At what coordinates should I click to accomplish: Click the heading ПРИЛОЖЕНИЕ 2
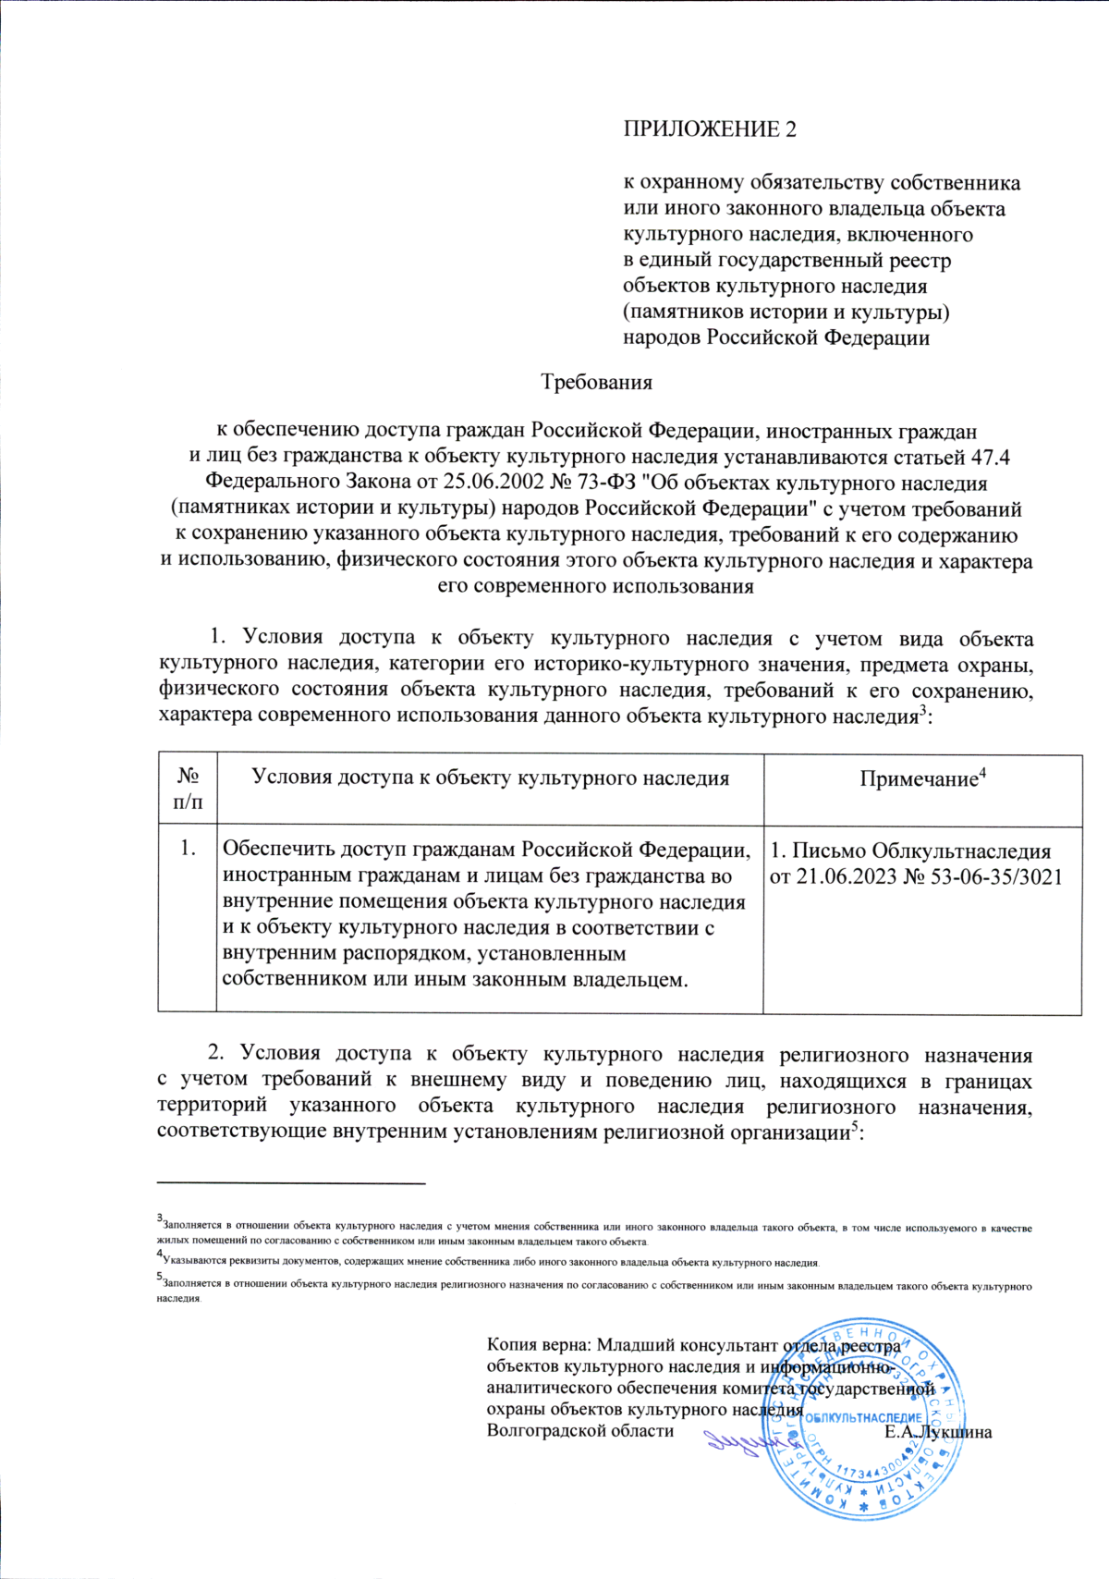[709, 129]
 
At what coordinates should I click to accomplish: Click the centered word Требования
[596, 382]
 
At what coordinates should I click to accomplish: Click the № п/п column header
[188, 789]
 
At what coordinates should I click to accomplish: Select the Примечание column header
[922, 779]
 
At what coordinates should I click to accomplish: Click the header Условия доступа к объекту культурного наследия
[490, 778]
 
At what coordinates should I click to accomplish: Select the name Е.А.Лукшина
[937, 1433]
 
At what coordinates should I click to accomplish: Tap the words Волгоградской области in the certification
[579, 1431]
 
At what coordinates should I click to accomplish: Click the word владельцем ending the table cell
[625, 980]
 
